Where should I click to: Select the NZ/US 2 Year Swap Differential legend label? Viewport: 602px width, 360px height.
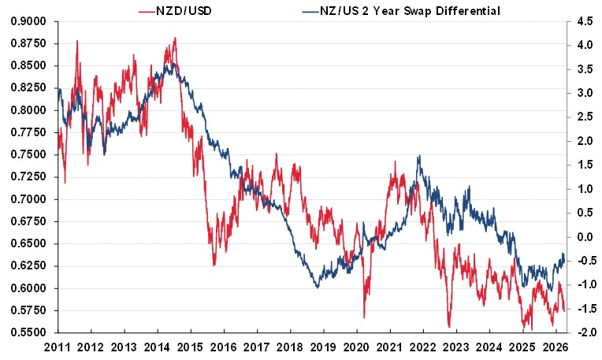point(401,10)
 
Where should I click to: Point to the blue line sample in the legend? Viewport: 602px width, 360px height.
point(309,10)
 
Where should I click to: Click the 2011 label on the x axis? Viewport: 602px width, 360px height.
point(60,347)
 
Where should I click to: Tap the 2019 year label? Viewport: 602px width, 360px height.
point(324,347)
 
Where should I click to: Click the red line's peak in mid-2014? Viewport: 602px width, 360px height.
point(174,38)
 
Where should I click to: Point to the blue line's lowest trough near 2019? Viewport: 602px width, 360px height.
point(316,288)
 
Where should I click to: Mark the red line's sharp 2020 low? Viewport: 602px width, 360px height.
point(364,317)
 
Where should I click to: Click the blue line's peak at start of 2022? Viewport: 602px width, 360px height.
point(419,156)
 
